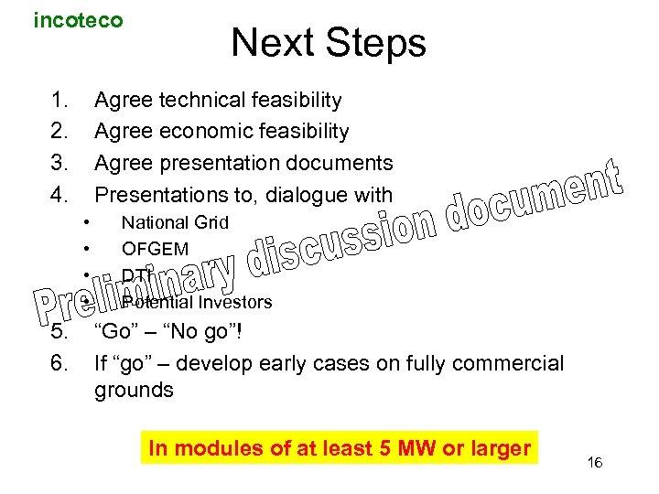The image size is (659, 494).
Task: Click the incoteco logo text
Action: pos(78,20)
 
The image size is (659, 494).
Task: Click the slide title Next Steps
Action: pos(329,43)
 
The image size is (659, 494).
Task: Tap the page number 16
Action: pos(594,464)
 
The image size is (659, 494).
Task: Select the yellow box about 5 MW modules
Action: pos(340,448)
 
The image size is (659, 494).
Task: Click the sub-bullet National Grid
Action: pos(175,222)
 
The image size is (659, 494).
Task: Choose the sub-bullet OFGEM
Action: pos(155,249)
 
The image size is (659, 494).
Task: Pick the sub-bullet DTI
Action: pos(136,275)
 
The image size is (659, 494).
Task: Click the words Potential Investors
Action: pos(197,302)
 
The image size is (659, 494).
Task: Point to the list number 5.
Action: pos(59,332)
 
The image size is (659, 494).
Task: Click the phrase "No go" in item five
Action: pos(199,332)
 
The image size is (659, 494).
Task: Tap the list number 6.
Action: pos(59,363)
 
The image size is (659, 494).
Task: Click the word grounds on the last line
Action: pos(134,391)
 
